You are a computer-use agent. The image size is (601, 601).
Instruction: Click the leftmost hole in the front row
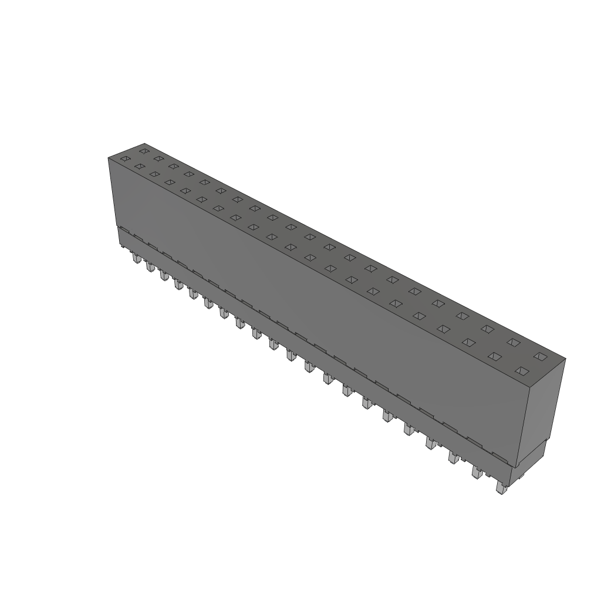124,158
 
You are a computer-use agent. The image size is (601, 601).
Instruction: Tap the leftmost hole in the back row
143,151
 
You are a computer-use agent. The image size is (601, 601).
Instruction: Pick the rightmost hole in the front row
521,370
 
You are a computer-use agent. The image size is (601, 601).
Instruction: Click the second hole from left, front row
139,167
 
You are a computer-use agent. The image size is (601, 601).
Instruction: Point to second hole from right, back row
514,342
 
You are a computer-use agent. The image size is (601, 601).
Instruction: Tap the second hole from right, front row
494,356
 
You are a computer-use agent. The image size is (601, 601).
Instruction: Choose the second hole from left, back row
158,158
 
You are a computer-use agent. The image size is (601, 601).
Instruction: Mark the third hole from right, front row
468,342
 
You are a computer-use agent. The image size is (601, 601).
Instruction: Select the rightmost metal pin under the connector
501,489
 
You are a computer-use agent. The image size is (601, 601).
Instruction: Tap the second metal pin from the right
477,472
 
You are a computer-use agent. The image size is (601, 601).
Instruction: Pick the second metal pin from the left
150,267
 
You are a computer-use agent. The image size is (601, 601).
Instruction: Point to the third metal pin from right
453,457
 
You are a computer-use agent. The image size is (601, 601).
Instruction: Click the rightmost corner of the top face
566,359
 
